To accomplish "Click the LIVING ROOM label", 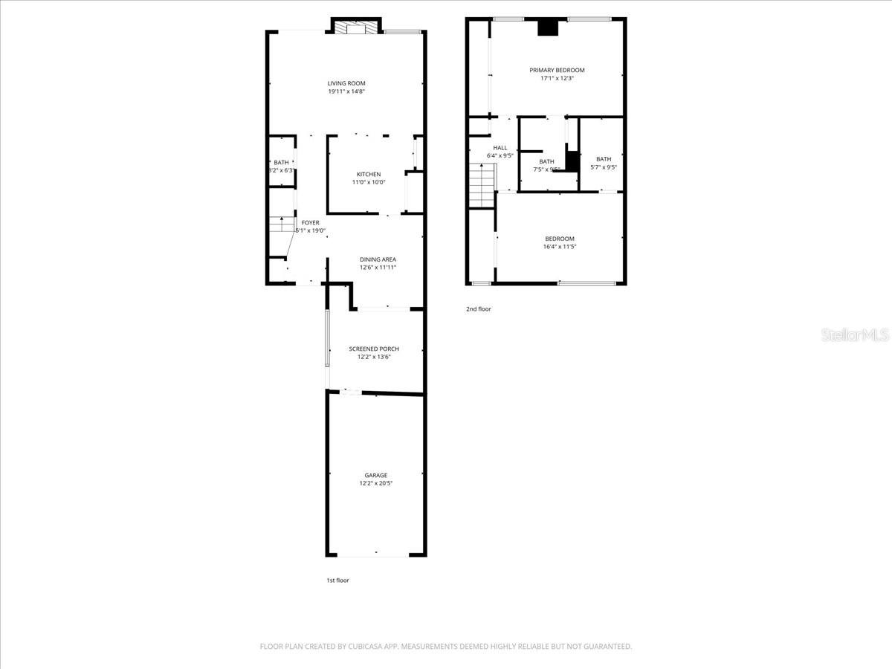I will coord(346,83).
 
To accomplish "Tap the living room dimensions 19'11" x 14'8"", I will coord(346,91).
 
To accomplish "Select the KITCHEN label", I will coord(368,174).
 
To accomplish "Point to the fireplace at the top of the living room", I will coord(355,28).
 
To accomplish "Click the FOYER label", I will coord(310,222).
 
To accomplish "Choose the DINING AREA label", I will coord(378,259).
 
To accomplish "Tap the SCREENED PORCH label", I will coord(374,349).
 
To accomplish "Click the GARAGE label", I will coord(375,475).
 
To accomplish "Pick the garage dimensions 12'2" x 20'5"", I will coord(375,483).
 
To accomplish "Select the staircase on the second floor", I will coord(482,186).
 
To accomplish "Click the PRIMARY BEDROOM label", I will coord(557,70).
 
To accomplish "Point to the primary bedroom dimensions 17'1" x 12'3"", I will coord(557,78).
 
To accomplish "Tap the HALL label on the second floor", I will coord(500,148).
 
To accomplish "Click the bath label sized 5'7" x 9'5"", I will coord(603,159).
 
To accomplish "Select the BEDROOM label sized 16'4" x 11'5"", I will coord(559,239).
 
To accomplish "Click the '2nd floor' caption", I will coord(479,309).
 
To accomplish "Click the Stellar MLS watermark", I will coord(854,336).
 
